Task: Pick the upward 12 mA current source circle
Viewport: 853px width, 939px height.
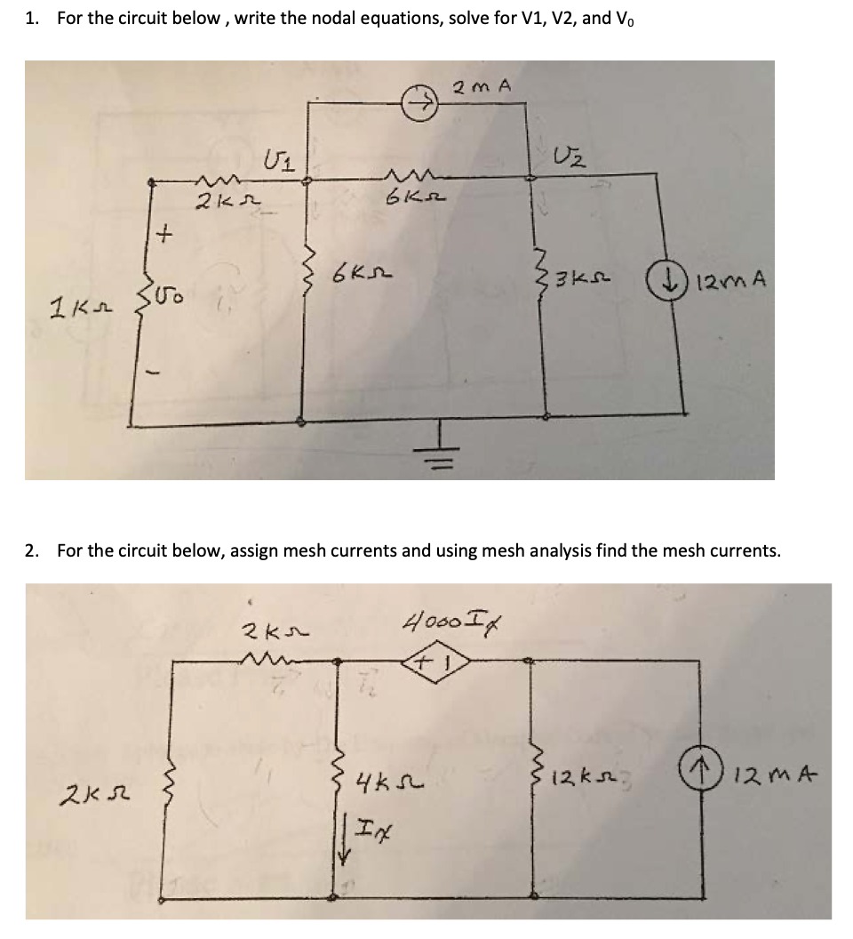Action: pos(723,778)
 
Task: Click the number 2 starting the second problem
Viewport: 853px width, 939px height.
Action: pos(31,550)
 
